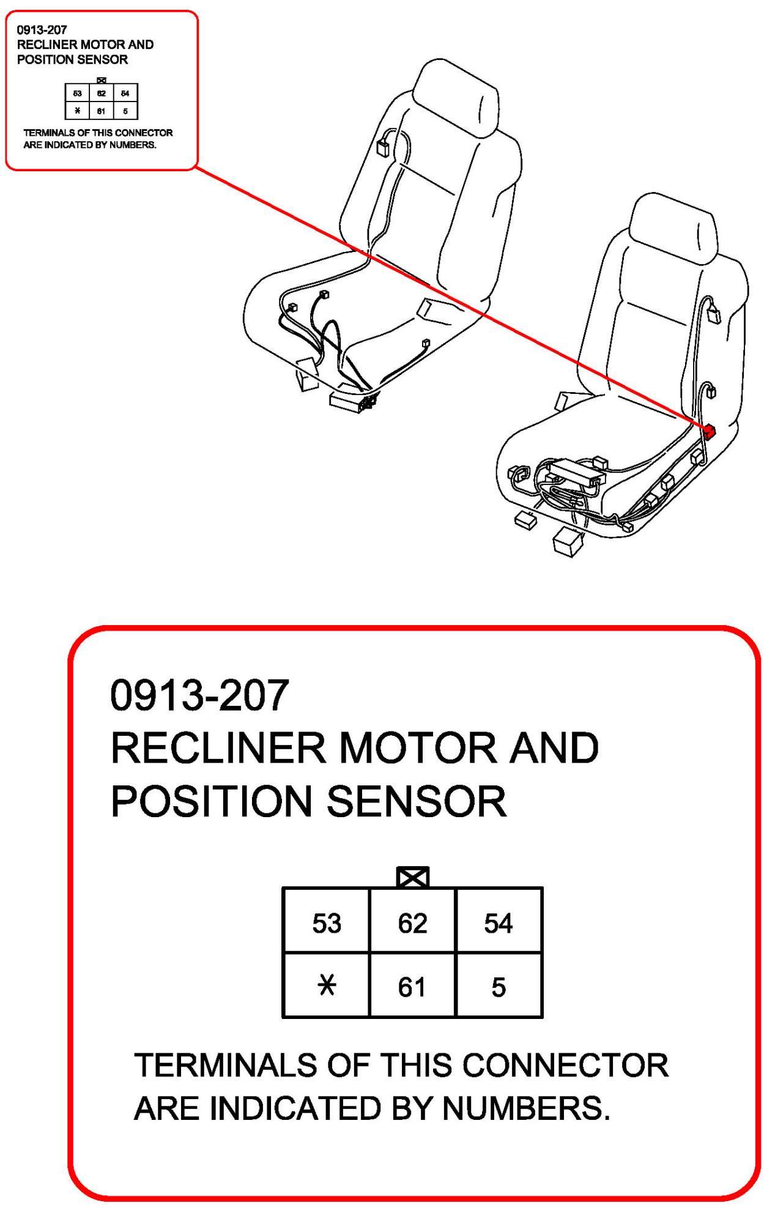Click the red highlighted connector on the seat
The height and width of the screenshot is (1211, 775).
click(708, 432)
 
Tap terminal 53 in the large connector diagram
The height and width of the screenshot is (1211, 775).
click(327, 923)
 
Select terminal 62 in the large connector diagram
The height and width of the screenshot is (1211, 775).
click(412, 923)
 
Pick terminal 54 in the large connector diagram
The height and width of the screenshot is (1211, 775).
click(499, 923)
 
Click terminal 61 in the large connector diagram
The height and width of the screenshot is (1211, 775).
click(412, 987)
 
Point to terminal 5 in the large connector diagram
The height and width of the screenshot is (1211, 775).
click(499, 987)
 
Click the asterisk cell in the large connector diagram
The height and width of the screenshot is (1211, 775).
click(327, 985)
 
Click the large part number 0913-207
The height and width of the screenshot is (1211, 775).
click(199, 695)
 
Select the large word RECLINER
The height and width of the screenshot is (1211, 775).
click(218, 748)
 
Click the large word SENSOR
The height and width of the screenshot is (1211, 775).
click(417, 801)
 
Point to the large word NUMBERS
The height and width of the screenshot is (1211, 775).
click(526, 1108)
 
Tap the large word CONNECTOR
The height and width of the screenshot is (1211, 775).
click(565, 1065)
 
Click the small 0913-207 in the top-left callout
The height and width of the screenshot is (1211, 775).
click(42, 29)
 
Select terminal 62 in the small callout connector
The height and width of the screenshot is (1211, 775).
click(102, 94)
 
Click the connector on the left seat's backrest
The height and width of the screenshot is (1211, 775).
click(383, 147)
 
